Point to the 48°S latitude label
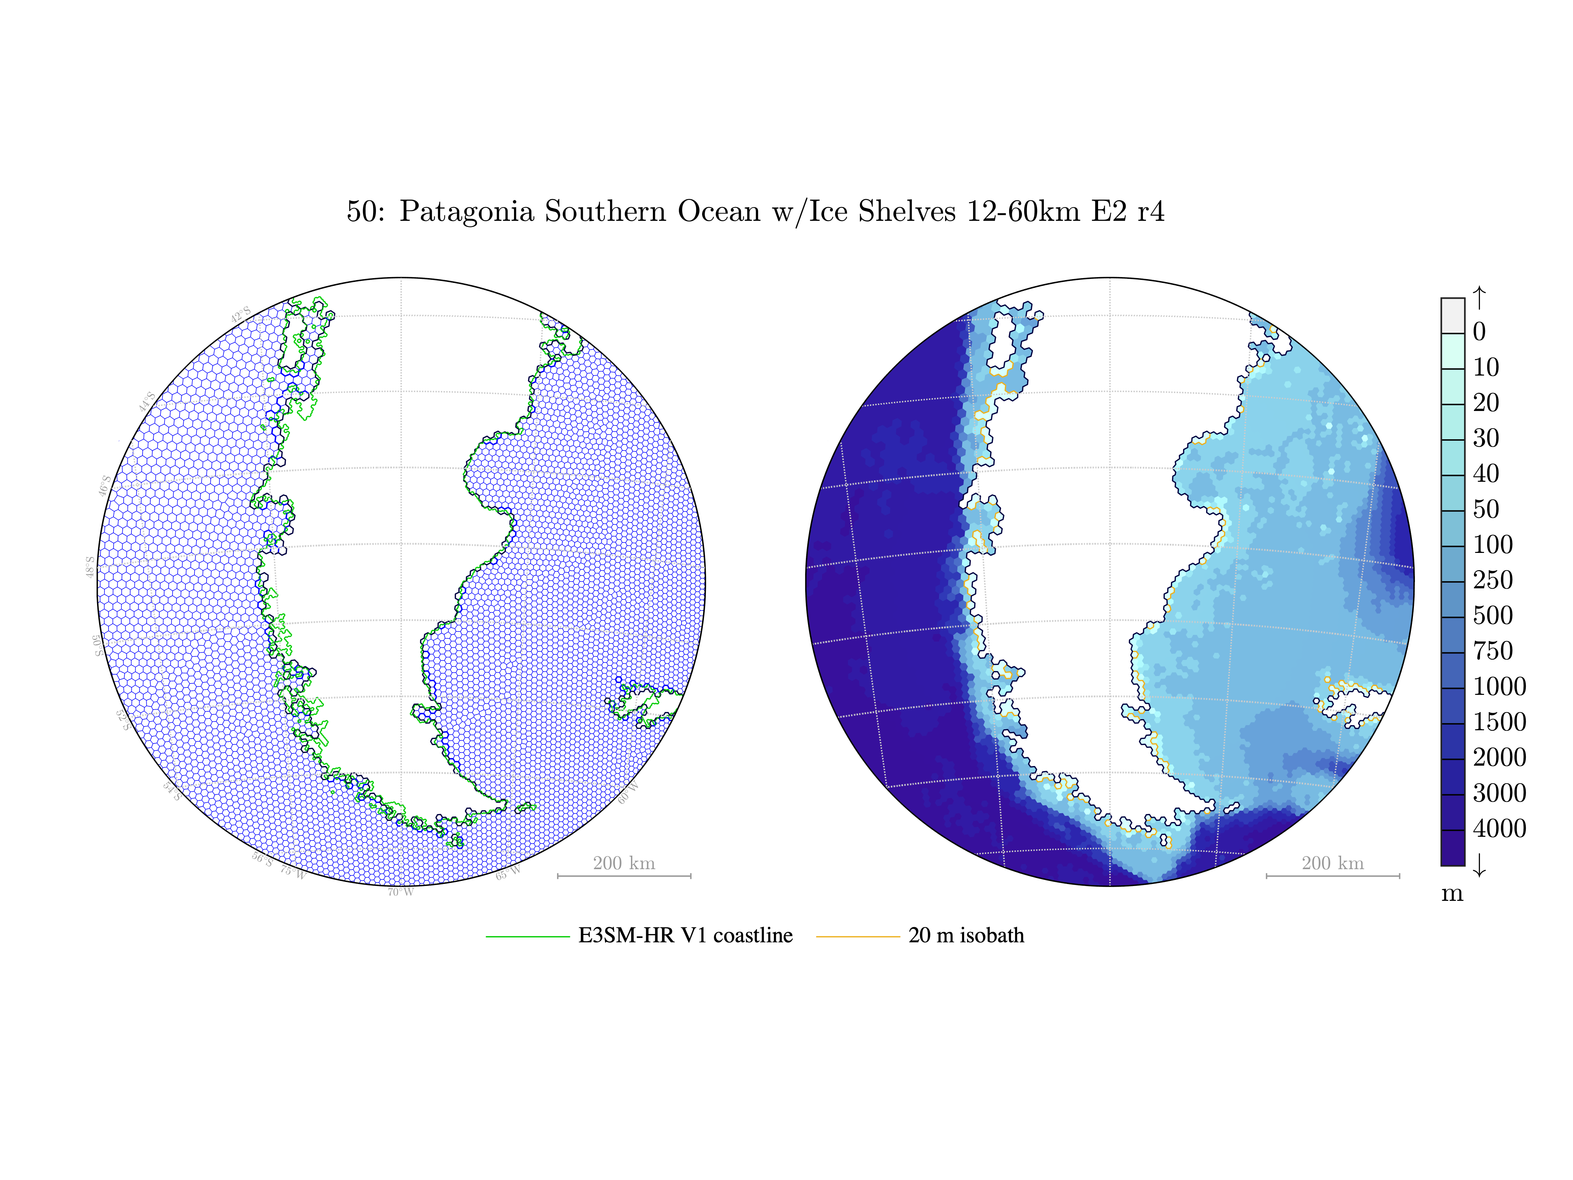tap(90, 567)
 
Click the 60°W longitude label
tap(629, 793)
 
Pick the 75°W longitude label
tap(292, 871)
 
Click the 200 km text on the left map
tap(624, 863)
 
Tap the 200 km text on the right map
tap(1333, 863)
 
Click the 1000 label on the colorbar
tap(1499, 686)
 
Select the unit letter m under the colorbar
tap(1452, 893)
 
